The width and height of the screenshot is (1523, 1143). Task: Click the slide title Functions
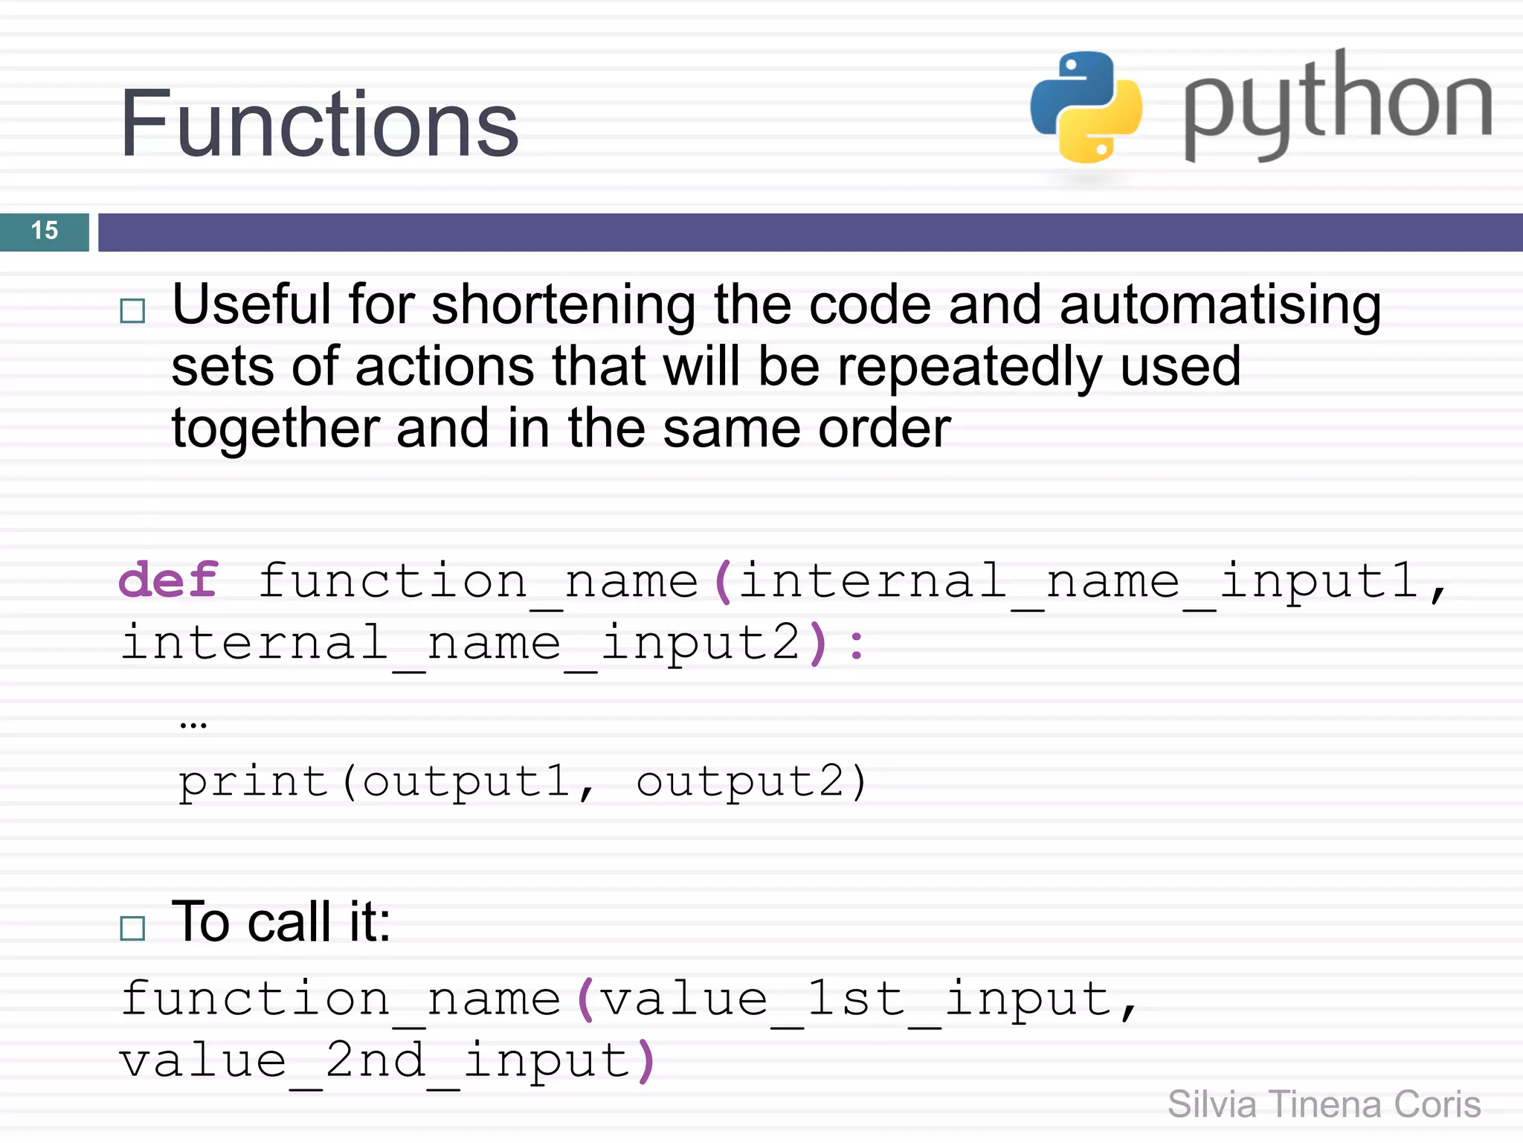pos(319,124)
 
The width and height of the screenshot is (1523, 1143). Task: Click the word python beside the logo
pos(1337,104)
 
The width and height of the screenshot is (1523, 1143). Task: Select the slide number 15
pos(45,231)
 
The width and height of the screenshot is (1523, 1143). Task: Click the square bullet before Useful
pos(132,310)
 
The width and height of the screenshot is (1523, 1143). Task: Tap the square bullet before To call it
pos(132,928)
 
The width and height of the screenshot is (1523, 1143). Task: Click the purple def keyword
pos(169,580)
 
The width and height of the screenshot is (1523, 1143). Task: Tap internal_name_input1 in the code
pos(1078,581)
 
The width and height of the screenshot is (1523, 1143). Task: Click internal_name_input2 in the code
pos(461,643)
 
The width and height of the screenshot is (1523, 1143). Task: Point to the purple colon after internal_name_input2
pos(857,644)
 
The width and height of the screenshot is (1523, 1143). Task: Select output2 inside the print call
pos(741,782)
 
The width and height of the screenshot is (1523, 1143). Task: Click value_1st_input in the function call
pos(855,999)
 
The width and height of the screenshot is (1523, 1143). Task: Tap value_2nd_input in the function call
pos(376,1061)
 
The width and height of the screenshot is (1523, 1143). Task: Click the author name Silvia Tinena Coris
pos(1324,1104)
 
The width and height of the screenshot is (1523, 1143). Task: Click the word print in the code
pos(253,782)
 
